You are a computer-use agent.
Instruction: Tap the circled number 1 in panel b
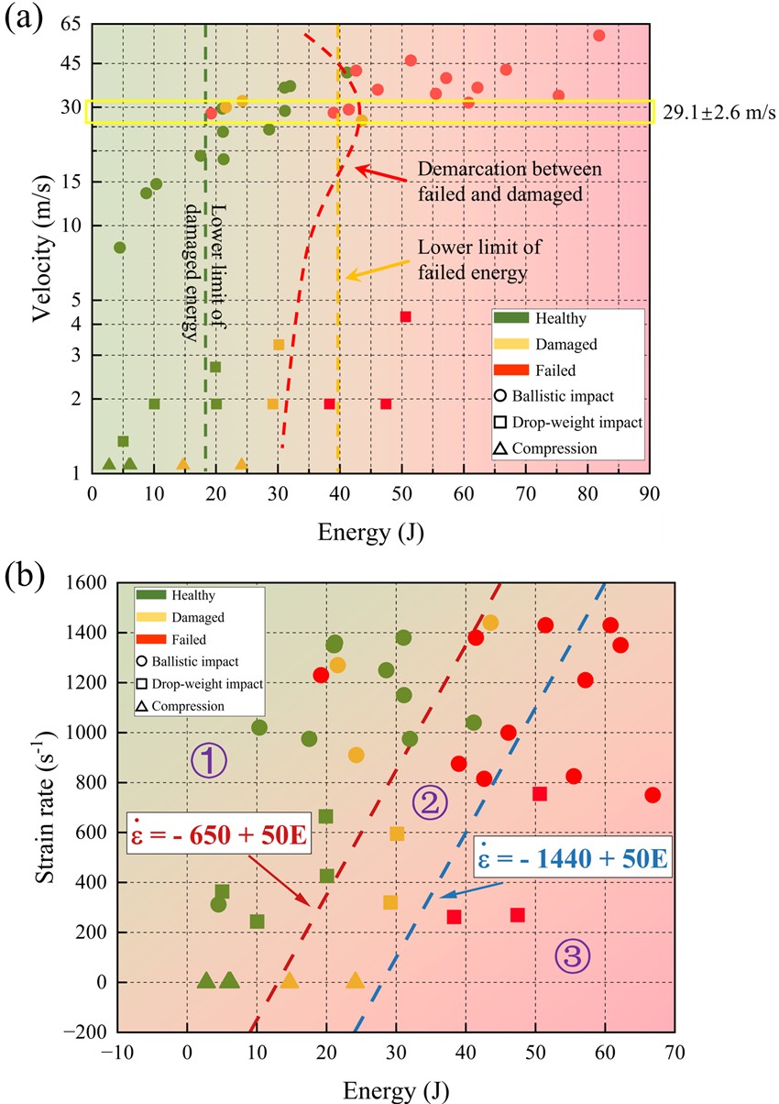pyautogui.click(x=208, y=760)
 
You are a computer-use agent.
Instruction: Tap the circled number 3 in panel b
pyautogui.click(x=573, y=956)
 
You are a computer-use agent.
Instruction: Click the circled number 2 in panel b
pyautogui.click(x=429, y=803)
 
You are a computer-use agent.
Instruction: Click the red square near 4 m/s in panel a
pyautogui.click(x=405, y=316)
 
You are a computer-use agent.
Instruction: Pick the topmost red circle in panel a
pyautogui.click(x=598, y=36)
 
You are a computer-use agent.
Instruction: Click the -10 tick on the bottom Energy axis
pyautogui.click(x=117, y=1055)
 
